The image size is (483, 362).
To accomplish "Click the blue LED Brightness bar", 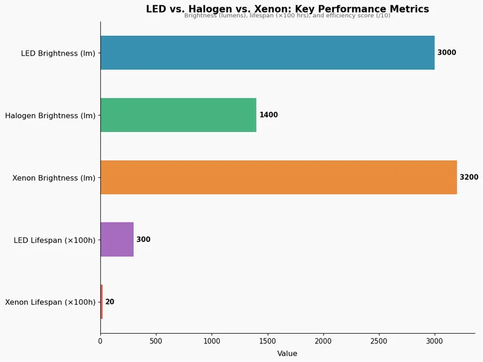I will click(267, 52).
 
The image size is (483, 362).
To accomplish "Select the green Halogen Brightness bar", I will click(178, 115).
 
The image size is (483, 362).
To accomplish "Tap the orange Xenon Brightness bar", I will click(278, 177).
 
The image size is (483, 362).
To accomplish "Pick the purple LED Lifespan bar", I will click(117, 240).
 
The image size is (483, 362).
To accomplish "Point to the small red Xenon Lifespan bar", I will click(101, 302).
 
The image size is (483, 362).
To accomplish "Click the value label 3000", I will click(447, 52).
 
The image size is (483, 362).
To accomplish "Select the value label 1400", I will click(269, 115).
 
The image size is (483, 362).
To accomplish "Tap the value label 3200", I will click(469, 177).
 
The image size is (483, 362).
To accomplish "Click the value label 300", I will click(143, 240).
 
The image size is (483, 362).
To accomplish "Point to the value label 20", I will click(110, 302).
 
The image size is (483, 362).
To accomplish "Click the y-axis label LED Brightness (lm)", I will click(58, 53).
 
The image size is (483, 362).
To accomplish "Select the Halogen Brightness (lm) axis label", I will click(50, 115).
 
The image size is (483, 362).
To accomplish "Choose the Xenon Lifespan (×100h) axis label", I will click(50, 302).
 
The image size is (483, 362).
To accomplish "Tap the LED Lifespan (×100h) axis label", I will click(54, 240).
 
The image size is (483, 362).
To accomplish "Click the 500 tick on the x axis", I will click(156, 341).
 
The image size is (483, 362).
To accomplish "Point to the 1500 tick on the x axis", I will click(267, 341).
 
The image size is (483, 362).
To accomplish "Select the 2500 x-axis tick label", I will click(379, 341).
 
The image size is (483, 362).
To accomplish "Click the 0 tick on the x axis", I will click(100, 341).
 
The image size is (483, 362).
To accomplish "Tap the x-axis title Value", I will click(287, 354).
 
